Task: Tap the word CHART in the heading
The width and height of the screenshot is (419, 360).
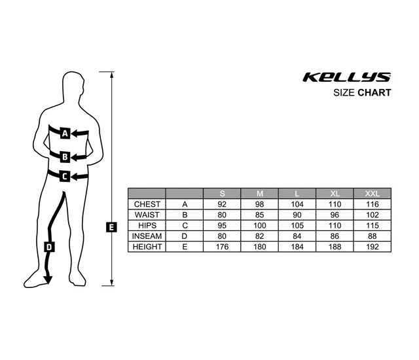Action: pos(374,93)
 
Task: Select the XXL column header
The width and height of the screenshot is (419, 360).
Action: pos(372,194)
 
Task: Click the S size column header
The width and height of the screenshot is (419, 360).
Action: pos(222,194)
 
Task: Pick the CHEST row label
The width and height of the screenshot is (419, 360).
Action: pos(147,204)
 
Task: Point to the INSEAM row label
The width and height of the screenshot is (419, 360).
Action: pos(147,236)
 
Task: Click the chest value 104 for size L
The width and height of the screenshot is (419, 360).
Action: pos(297,204)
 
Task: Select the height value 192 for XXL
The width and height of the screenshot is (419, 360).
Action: pos(372,246)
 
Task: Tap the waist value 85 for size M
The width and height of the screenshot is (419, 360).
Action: pos(259,215)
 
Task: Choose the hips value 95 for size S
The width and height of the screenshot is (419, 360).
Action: pos(222,225)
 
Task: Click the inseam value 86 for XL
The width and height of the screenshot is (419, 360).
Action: pos(335,236)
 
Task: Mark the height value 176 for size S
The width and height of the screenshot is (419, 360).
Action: pos(222,246)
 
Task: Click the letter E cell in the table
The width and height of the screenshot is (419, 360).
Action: pos(185,246)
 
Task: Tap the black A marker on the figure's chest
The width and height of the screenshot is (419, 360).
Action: pos(65,134)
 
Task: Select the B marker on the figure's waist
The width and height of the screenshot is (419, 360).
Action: pos(65,156)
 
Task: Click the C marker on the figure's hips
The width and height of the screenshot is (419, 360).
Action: pos(65,175)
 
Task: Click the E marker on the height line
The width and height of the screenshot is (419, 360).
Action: pos(111,227)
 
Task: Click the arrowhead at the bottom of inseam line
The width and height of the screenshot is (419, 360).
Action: pos(47,280)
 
